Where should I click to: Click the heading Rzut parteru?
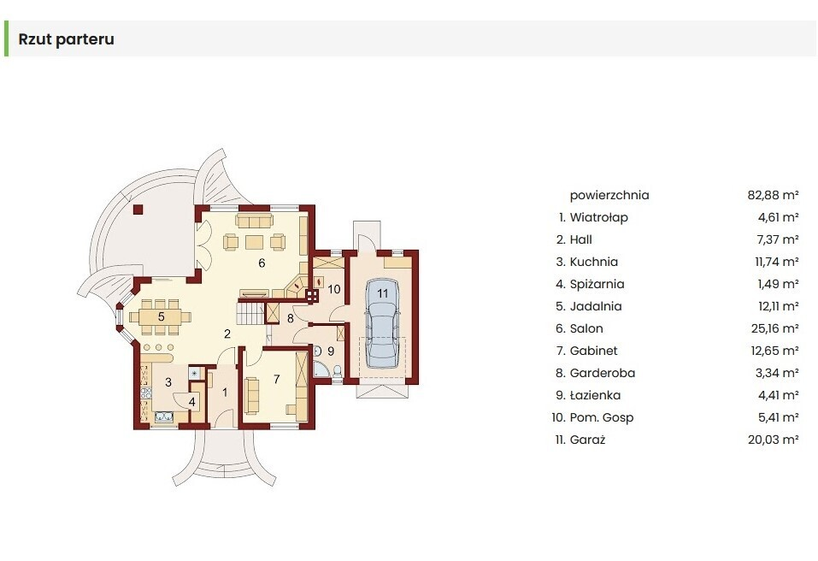[67, 39]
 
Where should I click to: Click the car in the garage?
[382, 323]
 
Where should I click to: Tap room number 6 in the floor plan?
[262, 263]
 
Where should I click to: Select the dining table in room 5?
[161, 316]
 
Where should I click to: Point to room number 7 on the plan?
[276, 380]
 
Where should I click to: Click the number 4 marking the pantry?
[192, 402]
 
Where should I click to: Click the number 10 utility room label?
[334, 289]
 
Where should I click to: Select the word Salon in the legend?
[586, 328]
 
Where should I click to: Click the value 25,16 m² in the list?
[774, 328]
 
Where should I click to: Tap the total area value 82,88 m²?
[774, 195]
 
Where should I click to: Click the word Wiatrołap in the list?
[599, 217]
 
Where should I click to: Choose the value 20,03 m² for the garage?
[774, 440]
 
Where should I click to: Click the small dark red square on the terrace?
[138, 210]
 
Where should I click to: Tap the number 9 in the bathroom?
[331, 351]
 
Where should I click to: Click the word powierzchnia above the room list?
[609, 196]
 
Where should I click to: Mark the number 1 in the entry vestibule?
[225, 392]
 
